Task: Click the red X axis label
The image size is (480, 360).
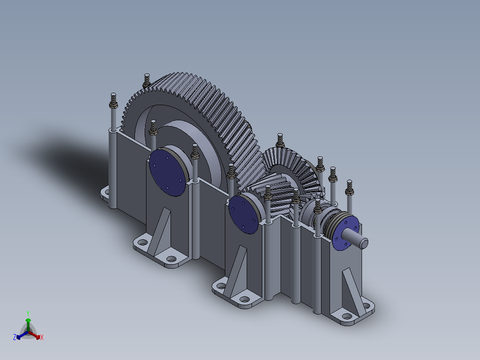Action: tap(42, 338)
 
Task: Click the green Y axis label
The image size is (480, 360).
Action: tap(28, 313)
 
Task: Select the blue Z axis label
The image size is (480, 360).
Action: tap(15, 338)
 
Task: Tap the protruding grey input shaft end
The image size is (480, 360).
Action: tap(361, 241)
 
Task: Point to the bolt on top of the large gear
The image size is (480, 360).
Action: tap(146, 80)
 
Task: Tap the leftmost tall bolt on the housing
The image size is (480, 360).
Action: tap(113, 101)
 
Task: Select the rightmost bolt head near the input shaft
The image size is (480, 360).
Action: tap(349, 188)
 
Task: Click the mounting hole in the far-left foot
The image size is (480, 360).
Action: tap(106, 192)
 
